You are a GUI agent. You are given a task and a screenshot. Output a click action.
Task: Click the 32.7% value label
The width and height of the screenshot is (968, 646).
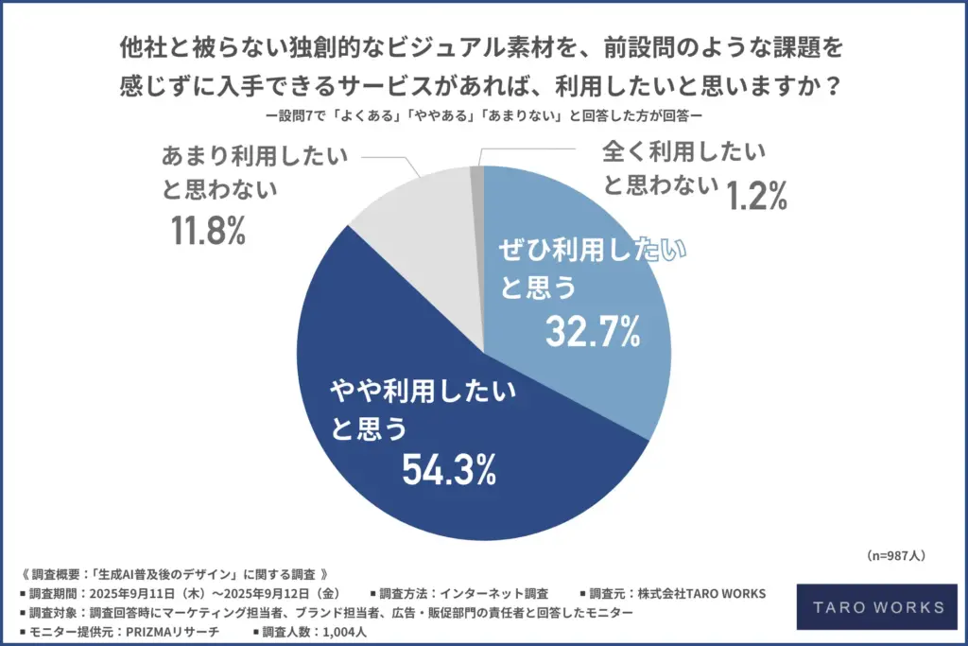(x=594, y=331)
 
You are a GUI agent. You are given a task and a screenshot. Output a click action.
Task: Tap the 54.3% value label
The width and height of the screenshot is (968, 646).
(x=450, y=468)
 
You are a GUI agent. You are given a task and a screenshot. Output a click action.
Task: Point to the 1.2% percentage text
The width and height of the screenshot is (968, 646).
(x=756, y=196)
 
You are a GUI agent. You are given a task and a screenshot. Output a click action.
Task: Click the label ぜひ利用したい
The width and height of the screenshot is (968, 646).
(x=591, y=251)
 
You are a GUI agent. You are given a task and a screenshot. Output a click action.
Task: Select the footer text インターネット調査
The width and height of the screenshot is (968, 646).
(x=493, y=594)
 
